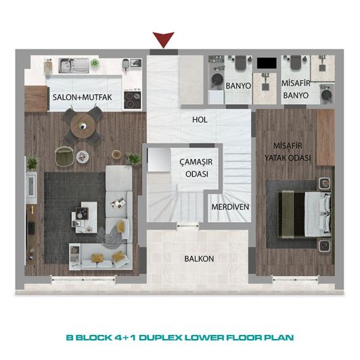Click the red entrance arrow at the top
tap(164, 39)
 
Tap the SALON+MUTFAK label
tap(87, 97)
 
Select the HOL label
tap(199, 119)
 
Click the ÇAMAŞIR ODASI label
tap(193, 167)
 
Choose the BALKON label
tap(199, 259)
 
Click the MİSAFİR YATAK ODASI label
tap(292, 152)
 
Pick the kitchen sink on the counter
tap(70, 66)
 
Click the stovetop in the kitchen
tap(132, 101)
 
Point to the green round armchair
tap(64, 155)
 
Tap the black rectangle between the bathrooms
tap(266, 63)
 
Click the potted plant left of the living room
tap(32, 162)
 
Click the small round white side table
tap(83, 156)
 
